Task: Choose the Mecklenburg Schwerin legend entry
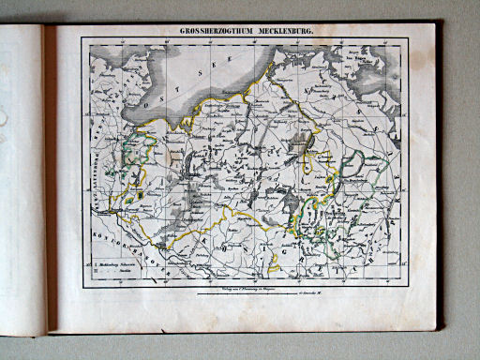tap(116, 265)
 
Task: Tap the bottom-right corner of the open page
tap(437, 329)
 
